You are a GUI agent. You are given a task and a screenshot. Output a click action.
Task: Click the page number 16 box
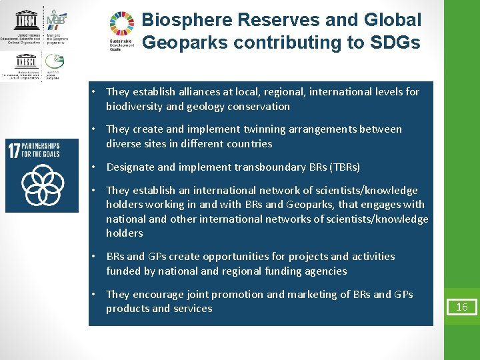pyautogui.click(x=462, y=307)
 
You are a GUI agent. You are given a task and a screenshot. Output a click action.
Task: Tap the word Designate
pyautogui.click(x=129, y=167)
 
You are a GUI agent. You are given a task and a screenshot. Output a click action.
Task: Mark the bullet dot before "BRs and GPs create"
pyautogui.click(x=97, y=257)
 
